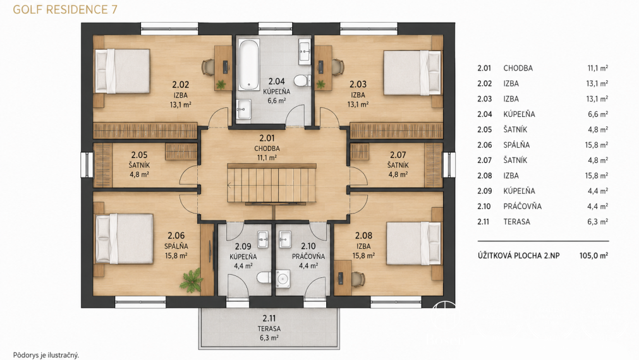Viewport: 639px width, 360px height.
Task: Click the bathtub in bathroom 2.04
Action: pyautogui.click(x=248, y=64)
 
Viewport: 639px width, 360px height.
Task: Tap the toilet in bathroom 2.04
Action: pyautogui.click(x=301, y=81)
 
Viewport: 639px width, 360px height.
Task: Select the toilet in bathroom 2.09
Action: pyautogui.click(x=264, y=278)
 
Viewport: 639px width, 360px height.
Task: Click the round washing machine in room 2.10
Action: pyautogui.click(x=283, y=279)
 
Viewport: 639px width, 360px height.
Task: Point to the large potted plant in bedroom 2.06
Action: pyautogui.click(x=191, y=280)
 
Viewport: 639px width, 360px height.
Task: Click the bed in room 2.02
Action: pyautogui.click(x=122, y=71)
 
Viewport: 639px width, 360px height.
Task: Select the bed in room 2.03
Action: pyautogui.click(x=413, y=73)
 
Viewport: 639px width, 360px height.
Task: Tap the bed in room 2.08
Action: pyautogui.click(x=413, y=243)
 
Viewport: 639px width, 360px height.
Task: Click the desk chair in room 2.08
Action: pyautogui.click(x=357, y=279)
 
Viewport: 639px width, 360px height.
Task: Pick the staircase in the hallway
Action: pyautogui.click(x=271, y=183)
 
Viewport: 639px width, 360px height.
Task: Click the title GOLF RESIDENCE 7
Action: pyautogui.click(x=65, y=9)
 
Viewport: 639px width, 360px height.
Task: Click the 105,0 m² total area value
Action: pyautogui.click(x=593, y=256)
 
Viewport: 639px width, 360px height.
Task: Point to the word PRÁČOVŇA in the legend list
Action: pyautogui.click(x=523, y=207)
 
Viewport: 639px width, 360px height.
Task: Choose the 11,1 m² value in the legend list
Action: pyautogui.click(x=598, y=68)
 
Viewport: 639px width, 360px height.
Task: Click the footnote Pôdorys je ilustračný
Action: pyautogui.click(x=46, y=355)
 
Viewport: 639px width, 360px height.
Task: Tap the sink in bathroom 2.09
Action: pyautogui.click(x=263, y=239)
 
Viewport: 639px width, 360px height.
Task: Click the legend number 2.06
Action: pyautogui.click(x=485, y=145)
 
